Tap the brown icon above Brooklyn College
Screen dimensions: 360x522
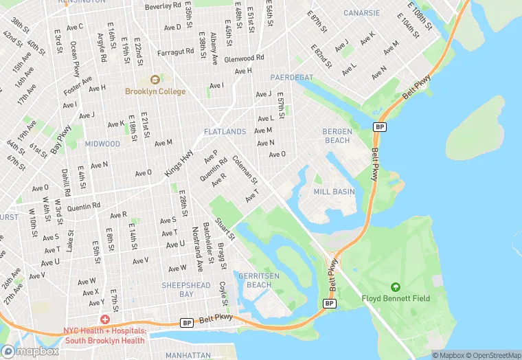pos(155,80)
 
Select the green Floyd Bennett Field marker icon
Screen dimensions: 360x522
pos(395,286)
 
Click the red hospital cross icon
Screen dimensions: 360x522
pos(104,320)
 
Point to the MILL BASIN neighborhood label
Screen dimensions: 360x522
pos(334,192)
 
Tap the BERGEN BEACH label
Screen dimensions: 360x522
pos(337,135)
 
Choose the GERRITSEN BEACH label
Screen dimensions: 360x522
pos(255,280)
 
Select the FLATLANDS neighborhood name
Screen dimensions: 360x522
pos(225,131)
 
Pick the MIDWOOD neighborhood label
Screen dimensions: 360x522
pos(102,144)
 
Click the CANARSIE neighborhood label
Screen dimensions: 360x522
pos(361,13)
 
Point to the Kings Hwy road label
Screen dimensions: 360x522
pos(178,166)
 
